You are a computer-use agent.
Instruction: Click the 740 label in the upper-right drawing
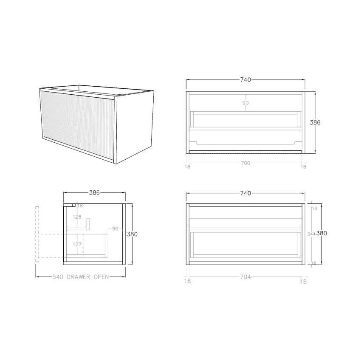click(245, 79)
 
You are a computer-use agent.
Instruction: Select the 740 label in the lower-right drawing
click(245, 193)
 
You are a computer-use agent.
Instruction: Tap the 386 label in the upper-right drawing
click(315, 122)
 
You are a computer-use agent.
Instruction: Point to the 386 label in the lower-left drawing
click(94, 192)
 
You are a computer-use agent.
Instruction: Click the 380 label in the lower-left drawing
click(132, 234)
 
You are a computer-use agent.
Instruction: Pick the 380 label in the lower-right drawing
click(322, 233)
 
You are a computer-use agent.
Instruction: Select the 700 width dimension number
click(245, 163)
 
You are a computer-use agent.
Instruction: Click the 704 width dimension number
click(245, 277)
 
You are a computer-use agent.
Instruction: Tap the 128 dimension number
click(77, 217)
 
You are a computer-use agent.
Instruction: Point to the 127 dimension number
click(77, 244)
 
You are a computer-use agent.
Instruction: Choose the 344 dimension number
click(311, 234)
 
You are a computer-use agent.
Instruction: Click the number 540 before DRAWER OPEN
click(58, 277)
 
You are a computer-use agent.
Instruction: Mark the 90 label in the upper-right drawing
click(245, 103)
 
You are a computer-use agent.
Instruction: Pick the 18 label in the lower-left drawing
click(80, 206)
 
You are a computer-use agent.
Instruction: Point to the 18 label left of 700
click(188, 167)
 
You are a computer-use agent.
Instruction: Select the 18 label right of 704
click(303, 281)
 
